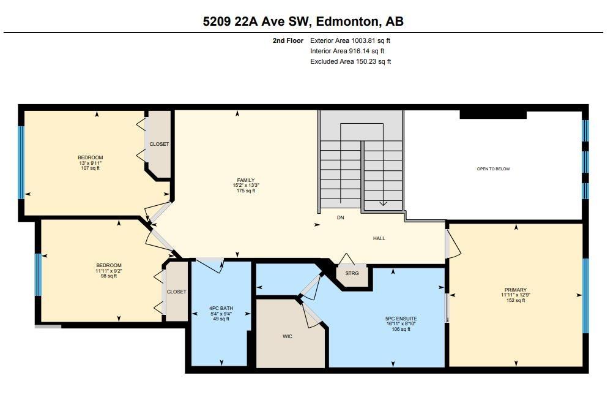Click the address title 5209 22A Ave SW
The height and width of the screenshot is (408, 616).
303,21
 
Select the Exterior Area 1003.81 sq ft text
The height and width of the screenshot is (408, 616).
350,40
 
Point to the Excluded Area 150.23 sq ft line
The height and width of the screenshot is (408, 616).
351,61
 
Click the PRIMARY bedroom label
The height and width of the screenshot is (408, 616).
515,290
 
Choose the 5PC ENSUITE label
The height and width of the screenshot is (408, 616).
401,319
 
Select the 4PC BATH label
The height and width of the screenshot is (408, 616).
221,308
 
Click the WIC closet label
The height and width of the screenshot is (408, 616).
288,336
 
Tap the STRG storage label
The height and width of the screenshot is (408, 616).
352,273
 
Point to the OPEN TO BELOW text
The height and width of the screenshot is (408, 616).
493,169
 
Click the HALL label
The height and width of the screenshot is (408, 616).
379,238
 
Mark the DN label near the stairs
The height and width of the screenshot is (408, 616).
341,217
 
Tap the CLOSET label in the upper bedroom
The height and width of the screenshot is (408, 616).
159,144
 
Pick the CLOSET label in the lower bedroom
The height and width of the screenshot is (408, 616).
176,292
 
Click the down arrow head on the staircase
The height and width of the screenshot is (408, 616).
383,204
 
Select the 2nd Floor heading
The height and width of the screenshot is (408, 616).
288,40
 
